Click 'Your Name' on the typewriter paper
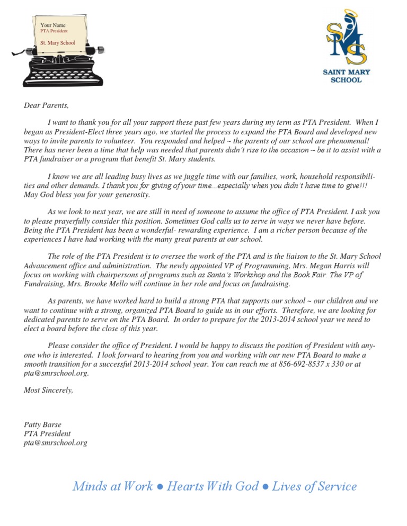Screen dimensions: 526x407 coord(53,25)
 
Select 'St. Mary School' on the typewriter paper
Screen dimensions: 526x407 coord(58,42)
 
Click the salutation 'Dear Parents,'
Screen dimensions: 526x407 coord(47,105)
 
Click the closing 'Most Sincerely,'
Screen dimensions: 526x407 coord(49,391)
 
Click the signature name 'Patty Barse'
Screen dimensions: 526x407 coord(42,424)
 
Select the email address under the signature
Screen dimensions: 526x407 coord(56,443)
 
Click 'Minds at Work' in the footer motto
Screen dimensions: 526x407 coord(113,486)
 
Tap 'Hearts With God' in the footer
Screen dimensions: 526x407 coord(213,486)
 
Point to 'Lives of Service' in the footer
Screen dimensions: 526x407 coord(314,486)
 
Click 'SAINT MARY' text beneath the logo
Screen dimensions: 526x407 coord(347,72)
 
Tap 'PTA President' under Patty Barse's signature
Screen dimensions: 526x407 coord(47,434)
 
